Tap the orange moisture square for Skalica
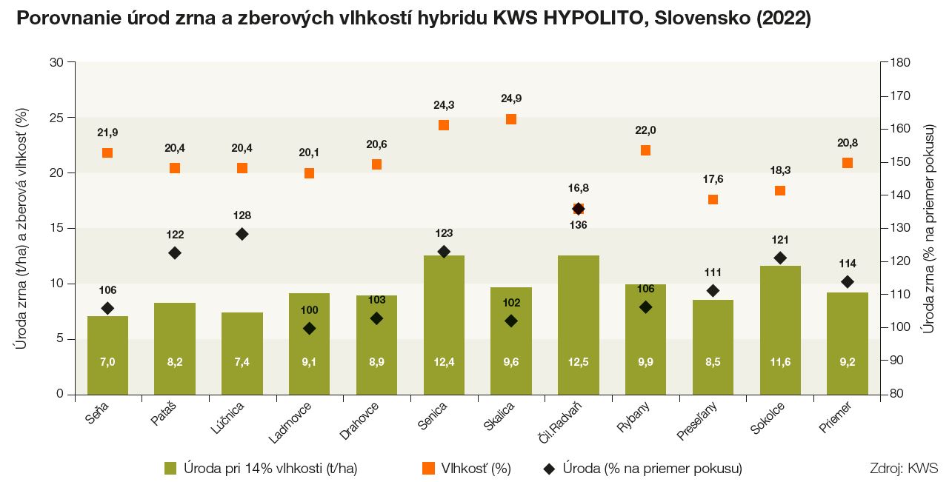(x=511, y=119)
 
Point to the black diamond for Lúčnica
(x=242, y=234)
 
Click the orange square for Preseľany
(x=713, y=199)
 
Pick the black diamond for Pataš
(x=175, y=253)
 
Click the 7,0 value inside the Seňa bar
(x=107, y=362)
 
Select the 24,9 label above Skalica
(x=511, y=98)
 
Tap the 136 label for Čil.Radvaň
(x=579, y=224)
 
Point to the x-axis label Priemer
(x=836, y=415)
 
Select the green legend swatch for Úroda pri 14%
(x=170, y=468)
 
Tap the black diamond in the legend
(x=549, y=468)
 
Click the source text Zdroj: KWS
(x=905, y=468)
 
